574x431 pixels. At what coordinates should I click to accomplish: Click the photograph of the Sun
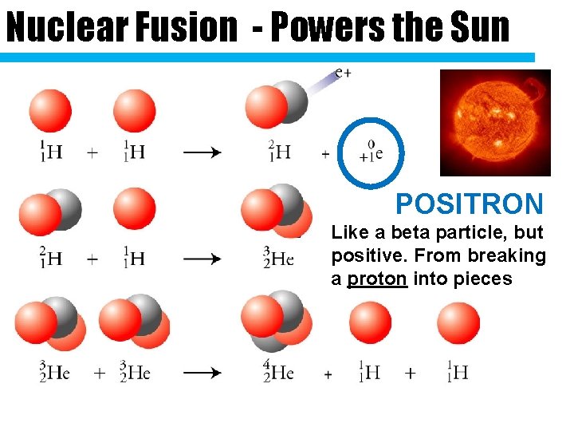tap(495, 121)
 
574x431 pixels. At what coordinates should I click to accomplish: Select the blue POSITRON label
tap(470, 204)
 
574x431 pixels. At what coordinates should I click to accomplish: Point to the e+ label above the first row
tap(343, 73)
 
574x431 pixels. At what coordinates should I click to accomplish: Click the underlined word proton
tap(377, 279)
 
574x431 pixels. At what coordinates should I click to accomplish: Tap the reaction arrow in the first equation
tap(203, 152)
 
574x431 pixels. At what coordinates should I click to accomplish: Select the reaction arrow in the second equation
tap(203, 259)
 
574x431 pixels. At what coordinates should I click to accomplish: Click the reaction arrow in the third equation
tap(203, 373)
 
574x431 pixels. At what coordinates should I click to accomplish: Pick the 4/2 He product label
tap(278, 373)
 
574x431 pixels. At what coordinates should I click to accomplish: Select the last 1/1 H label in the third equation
tap(457, 373)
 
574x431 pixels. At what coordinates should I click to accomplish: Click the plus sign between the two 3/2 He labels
tap(100, 373)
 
